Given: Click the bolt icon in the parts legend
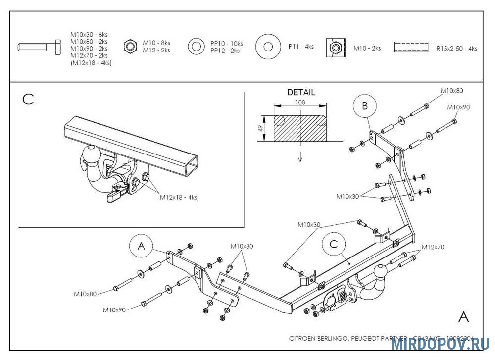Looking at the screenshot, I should coord(38,48).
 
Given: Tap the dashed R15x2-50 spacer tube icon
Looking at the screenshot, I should coord(411,48).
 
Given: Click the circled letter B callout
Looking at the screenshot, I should coord(365,106).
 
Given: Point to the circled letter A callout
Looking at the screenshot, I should coord(142,246).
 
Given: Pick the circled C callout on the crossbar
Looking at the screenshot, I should coord(333,244).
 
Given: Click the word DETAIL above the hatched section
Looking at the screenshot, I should coord(301,92).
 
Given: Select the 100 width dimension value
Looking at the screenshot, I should coord(300,103).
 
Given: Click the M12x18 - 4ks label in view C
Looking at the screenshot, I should coord(178,197).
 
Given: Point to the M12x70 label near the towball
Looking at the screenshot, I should coord(433,247).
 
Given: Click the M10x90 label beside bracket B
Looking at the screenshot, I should coord(458,107).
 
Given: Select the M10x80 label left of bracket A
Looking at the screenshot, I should coord(85,294).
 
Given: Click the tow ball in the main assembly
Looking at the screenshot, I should coord(380,272).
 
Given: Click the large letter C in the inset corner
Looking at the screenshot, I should coord(28,99).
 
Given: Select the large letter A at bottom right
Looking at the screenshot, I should coord(463,317).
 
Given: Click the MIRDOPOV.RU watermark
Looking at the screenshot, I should coord(440,344).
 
